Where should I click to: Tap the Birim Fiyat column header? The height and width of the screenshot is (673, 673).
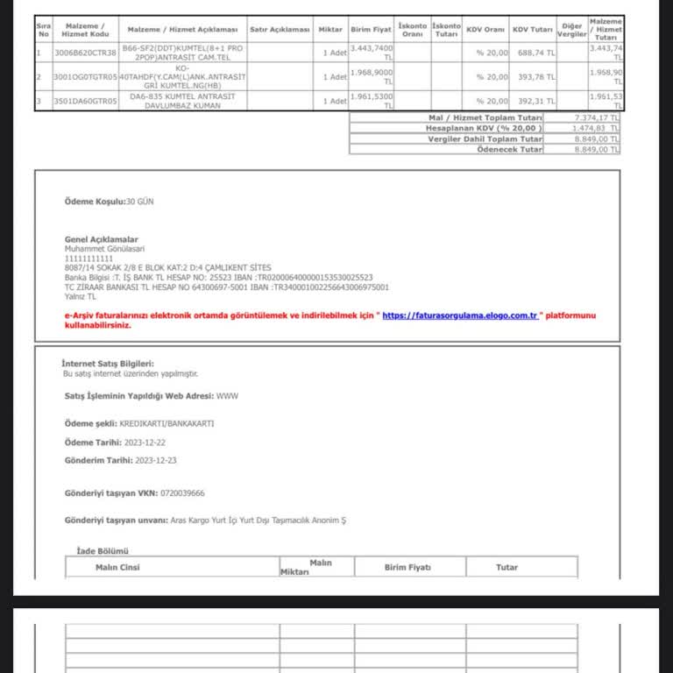coord(371,30)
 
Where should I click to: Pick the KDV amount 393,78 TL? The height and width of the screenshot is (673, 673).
coord(534,76)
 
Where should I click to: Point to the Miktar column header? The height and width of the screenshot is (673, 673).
coord(330,30)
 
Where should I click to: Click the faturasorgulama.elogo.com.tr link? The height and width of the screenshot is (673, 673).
coord(459,315)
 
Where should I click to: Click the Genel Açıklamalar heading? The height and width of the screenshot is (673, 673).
coord(101,239)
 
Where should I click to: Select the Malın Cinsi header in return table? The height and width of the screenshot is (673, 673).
coord(117,567)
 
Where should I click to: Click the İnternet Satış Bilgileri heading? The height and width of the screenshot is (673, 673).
coord(109,363)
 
